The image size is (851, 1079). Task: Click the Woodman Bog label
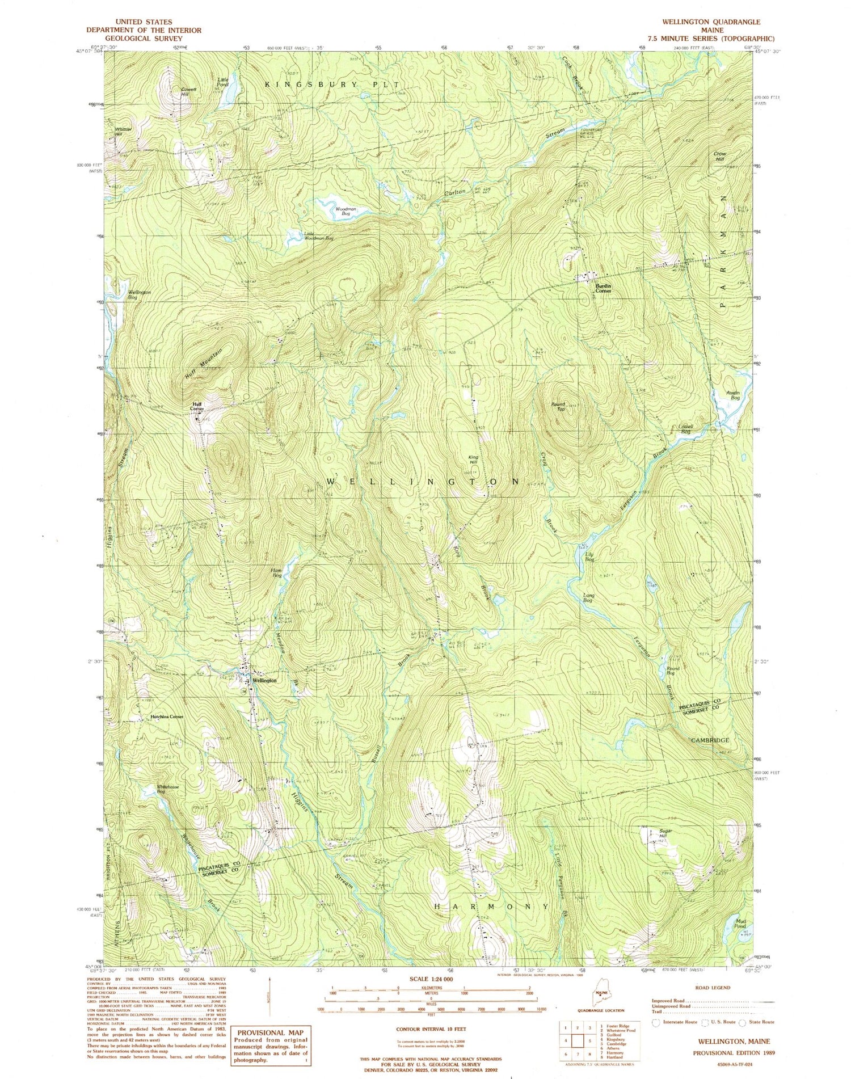click(346, 212)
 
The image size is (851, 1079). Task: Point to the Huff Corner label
click(197, 406)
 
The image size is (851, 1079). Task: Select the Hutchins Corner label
click(166, 717)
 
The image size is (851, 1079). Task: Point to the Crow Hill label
click(719, 156)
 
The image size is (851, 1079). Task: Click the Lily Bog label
click(590, 557)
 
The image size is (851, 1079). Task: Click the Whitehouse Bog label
click(168, 789)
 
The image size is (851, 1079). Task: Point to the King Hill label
click(473, 460)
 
